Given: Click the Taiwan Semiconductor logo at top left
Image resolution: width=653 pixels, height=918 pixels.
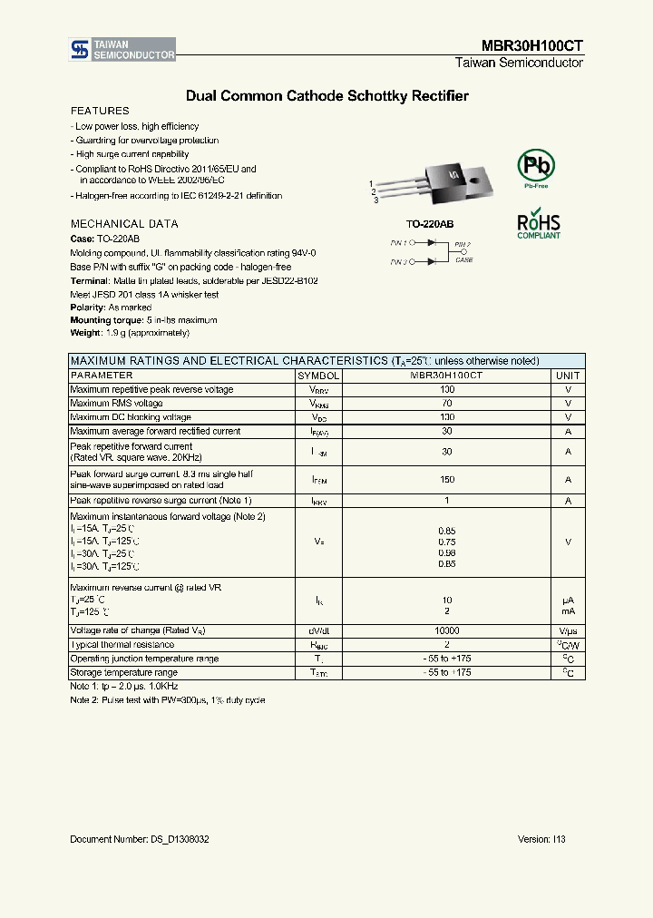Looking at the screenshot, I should [122, 50].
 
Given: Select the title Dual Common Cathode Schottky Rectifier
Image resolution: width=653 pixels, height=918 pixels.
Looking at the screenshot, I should [326, 95].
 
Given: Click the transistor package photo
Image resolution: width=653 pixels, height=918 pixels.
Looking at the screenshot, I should [435, 181].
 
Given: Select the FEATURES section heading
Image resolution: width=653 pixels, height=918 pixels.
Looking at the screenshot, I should [100, 111].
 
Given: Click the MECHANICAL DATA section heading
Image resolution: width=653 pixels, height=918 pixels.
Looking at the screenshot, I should [124, 223].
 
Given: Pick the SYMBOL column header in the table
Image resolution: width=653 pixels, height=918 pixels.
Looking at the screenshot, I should [318, 375].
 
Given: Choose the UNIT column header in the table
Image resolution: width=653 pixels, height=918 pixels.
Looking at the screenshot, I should [568, 375].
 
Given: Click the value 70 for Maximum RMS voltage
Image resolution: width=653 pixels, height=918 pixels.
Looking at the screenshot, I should [446, 403].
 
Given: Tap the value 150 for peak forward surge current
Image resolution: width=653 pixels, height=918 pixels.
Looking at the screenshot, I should [446, 479].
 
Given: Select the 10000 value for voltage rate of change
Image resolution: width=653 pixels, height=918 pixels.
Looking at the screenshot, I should [446, 630].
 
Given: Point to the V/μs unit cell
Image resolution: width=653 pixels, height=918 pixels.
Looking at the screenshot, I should [568, 630].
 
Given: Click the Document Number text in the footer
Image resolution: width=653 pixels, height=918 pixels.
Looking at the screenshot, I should [140, 839].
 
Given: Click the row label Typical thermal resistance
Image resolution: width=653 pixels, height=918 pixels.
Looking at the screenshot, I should [129, 644].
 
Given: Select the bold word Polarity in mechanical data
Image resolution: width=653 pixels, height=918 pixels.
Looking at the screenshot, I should [88, 308].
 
